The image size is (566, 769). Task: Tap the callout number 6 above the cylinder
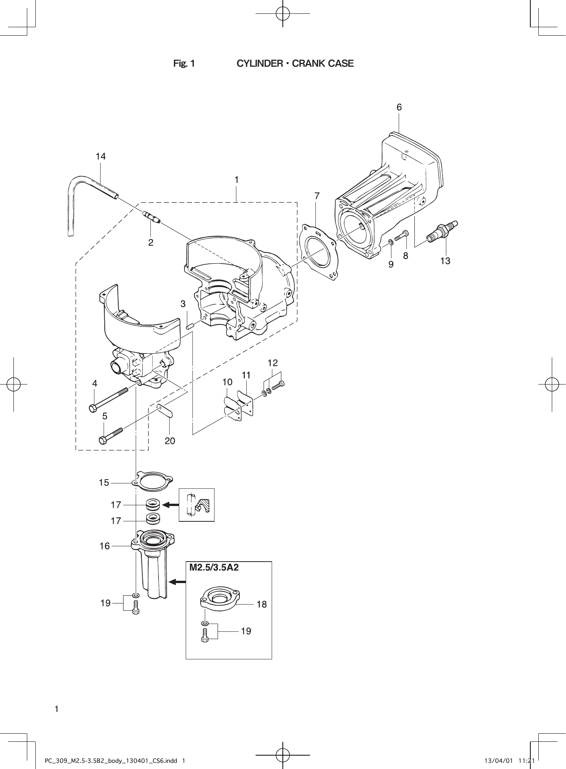click(399, 108)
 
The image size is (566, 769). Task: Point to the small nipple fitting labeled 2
click(151, 217)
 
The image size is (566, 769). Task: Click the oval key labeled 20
click(165, 411)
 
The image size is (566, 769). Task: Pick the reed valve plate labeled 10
click(233, 409)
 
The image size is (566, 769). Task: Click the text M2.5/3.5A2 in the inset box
click(214, 567)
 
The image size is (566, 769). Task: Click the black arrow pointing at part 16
click(177, 582)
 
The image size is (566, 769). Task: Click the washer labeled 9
click(390, 242)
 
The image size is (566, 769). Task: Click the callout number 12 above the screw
click(272, 363)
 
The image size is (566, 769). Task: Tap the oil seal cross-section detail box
click(196, 505)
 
